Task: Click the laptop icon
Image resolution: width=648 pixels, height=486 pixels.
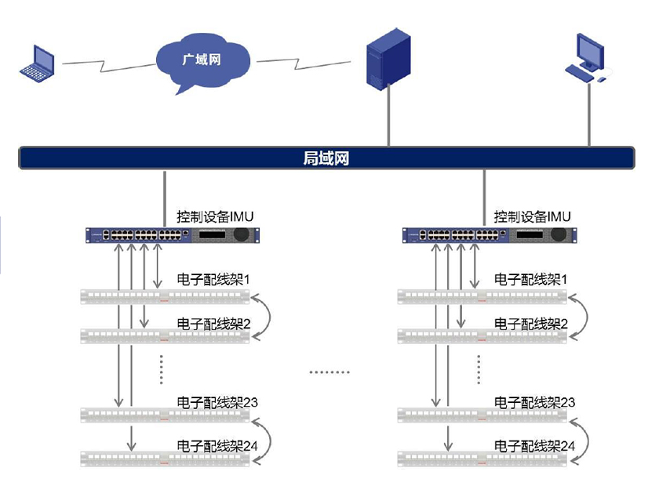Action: click(38, 63)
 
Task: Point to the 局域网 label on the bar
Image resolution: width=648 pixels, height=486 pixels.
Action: click(326, 158)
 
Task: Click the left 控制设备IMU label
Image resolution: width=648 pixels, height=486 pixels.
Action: click(215, 216)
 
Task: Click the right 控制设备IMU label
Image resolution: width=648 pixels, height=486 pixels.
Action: click(532, 216)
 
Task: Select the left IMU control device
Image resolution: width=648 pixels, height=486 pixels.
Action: click(172, 234)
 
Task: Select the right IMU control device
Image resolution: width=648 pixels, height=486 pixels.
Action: click(489, 234)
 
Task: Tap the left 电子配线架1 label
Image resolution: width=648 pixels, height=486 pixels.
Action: click(213, 279)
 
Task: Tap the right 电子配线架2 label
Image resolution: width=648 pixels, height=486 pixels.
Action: click(530, 323)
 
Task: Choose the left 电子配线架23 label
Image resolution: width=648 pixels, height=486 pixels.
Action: click(217, 402)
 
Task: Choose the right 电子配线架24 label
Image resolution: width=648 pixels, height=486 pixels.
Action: click(534, 446)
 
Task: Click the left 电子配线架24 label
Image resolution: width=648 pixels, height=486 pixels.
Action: click(217, 446)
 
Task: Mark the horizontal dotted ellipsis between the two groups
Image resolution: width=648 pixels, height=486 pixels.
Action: click(329, 372)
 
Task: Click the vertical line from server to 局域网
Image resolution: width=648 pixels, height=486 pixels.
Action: click(388, 118)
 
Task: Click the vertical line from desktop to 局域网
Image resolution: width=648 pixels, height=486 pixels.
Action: click(589, 114)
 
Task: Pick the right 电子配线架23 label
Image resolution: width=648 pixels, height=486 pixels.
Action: click(534, 402)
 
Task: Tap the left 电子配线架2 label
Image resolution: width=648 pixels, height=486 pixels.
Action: click(213, 323)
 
